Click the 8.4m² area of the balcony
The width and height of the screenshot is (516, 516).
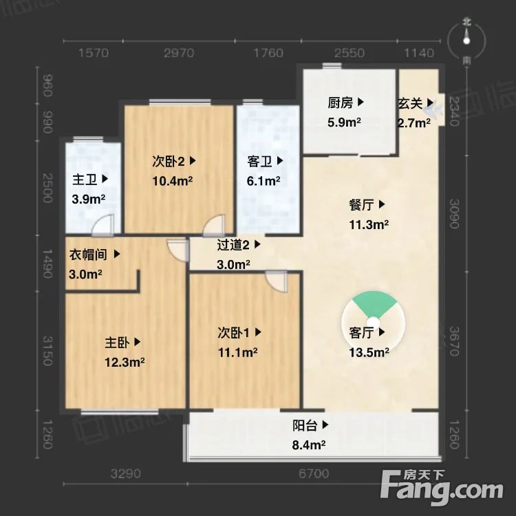308,444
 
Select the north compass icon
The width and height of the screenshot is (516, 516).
467,41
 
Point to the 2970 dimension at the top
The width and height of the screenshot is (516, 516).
179,53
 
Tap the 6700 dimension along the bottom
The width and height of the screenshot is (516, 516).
314,474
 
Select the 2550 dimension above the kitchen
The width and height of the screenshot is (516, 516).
350,53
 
